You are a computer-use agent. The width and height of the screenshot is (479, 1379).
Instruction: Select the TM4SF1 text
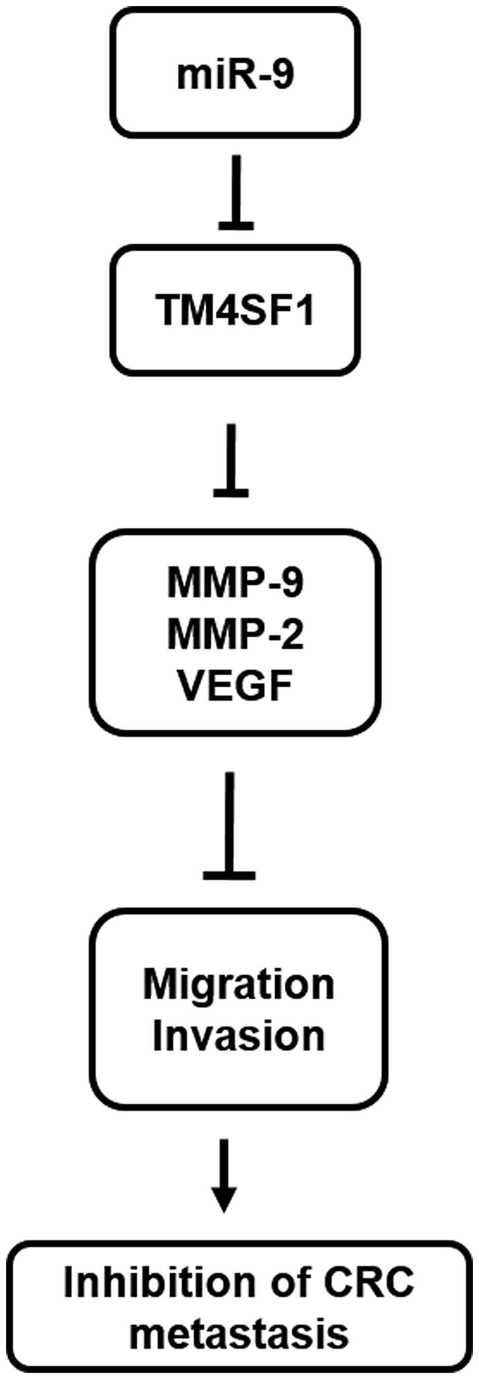click(235, 310)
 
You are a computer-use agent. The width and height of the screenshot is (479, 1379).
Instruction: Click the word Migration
click(239, 986)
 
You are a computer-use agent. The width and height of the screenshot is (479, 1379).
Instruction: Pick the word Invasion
click(239, 1036)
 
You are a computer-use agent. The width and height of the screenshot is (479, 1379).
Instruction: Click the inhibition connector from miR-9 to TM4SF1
click(236, 193)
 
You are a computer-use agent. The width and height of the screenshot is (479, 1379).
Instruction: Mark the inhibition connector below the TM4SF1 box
click(231, 460)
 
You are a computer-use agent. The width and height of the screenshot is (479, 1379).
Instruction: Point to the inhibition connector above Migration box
click(230, 824)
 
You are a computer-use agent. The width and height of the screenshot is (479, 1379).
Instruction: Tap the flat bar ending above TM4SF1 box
click(236, 227)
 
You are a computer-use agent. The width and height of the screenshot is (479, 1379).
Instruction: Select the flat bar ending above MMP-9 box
click(231, 492)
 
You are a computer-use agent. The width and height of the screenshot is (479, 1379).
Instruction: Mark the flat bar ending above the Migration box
click(230, 875)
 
